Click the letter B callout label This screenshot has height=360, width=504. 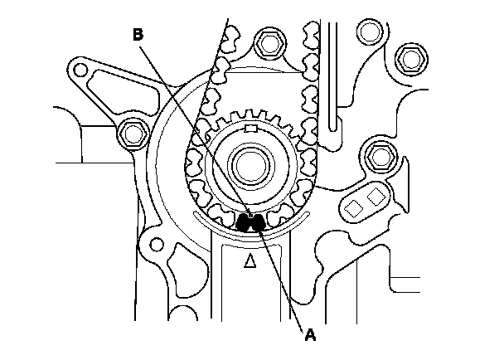[138, 35]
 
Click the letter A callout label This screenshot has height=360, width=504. [310, 335]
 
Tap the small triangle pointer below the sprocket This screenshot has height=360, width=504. [250, 260]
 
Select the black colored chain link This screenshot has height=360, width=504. [250, 223]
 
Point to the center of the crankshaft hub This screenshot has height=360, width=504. [251, 166]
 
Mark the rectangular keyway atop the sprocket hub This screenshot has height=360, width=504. [252, 128]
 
